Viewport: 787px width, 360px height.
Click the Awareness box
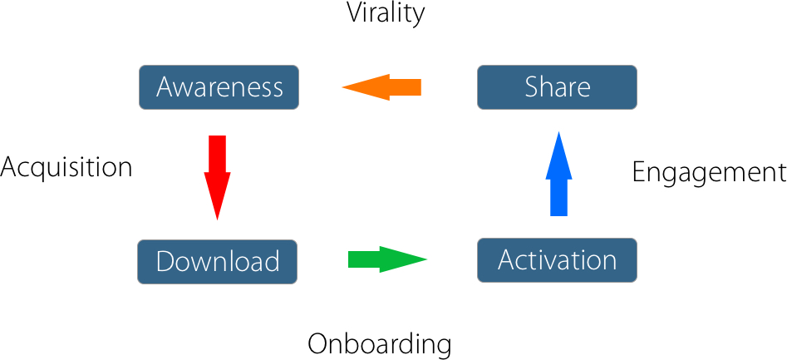tap(219, 86)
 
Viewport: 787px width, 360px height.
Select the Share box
tap(557, 86)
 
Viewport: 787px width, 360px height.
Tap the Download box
tap(218, 262)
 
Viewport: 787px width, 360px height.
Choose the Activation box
tap(557, 260)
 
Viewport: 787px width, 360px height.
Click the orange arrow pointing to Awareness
tap(381, 87)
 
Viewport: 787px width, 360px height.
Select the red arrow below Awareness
tap(217, 178)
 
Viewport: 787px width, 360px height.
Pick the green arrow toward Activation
tap(387, 259)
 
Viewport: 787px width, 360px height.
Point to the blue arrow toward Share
tap(558, 174)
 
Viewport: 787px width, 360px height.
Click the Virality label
tap(386, 13)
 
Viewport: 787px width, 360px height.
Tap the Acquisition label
tap(66, 167)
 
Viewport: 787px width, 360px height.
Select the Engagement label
tap(709, 173)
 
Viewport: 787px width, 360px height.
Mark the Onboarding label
tap(380, 344)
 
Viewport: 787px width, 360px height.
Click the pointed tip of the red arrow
tap(217, 220)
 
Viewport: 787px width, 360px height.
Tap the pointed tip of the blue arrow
tap(558, 131)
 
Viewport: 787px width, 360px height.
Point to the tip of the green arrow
tap(427, 259)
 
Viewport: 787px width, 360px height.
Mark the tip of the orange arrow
tap(342, 87)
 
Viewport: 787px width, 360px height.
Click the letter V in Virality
tap(356, 13)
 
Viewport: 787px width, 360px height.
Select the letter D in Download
tap(166, 262)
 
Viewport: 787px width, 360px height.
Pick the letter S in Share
tap(533, 87)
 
